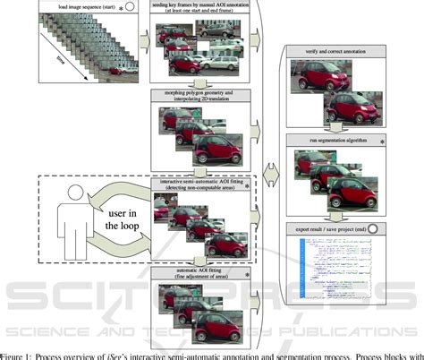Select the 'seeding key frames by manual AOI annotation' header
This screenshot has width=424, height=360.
[203, 8]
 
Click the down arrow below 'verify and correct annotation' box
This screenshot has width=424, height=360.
[338, 129]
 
